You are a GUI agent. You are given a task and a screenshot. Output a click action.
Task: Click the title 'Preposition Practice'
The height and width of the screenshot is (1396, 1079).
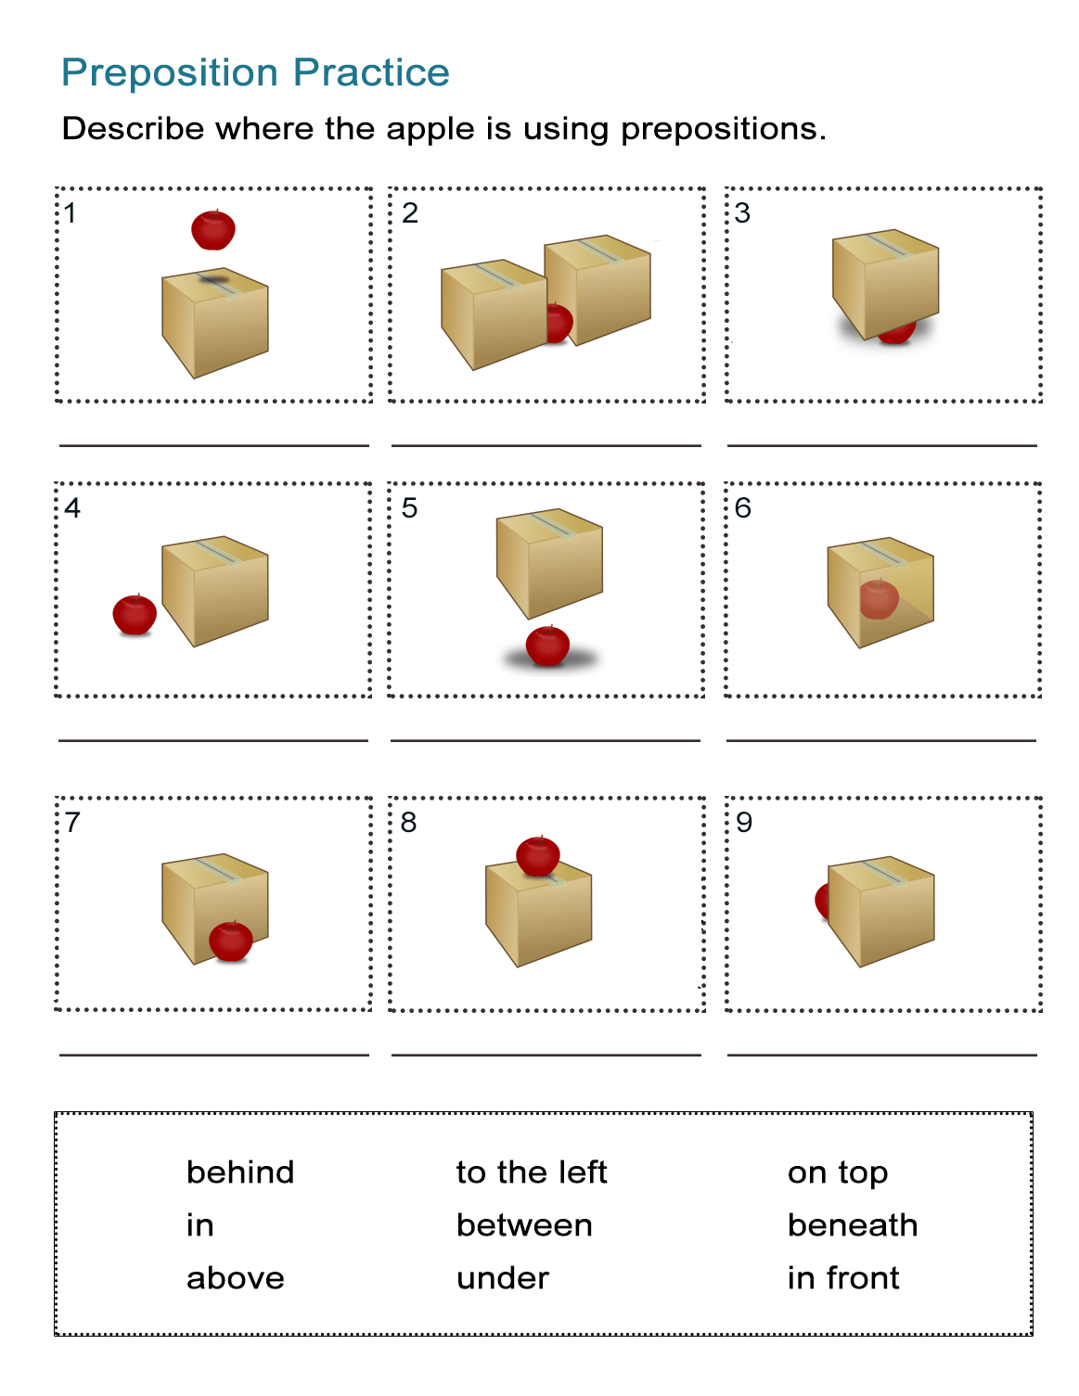click(x=255, y=72)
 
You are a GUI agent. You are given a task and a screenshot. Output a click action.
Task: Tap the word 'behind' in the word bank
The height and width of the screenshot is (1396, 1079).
click(x=240, y=1172)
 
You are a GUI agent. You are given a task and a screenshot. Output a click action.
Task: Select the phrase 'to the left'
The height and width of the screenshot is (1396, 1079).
click(x=531, y=1172)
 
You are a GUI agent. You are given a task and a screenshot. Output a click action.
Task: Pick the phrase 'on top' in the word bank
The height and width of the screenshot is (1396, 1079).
click(x=837, y=1173)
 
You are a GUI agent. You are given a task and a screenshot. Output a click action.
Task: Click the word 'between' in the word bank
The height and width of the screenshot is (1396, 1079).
click(x=524, y=1225)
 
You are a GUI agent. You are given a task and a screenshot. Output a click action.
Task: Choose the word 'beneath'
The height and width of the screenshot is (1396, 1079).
click(x=852, y=1225)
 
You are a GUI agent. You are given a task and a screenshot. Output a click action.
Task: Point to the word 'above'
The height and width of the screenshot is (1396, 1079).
click(x=236, y=1278)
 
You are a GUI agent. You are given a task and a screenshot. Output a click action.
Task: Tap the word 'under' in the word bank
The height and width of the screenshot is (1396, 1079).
click(x=503, y=1278)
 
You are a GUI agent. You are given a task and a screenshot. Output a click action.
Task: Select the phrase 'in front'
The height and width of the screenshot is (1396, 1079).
click(x=842, y=1278)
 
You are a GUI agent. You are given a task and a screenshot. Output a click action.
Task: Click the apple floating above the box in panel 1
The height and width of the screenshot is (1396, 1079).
click(x=213, y=230)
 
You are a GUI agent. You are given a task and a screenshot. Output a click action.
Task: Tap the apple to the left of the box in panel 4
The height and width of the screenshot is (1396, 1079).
click(x=135, y=614)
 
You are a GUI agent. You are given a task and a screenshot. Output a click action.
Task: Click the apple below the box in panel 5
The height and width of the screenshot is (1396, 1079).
click(x=547, y=646)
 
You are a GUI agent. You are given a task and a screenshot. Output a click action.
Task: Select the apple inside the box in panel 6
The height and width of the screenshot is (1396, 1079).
click(x=879, y=599)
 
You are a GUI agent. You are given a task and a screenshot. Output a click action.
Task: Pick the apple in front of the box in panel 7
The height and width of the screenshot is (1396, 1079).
click(x=231, y=941)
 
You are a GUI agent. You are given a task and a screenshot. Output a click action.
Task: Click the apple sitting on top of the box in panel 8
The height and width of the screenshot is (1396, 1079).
click(x=538, y=855)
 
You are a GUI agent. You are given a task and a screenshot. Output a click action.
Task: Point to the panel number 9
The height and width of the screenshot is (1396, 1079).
click(x=744, y=823)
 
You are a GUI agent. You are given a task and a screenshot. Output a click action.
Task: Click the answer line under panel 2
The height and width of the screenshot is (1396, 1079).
click(x=546, y=445)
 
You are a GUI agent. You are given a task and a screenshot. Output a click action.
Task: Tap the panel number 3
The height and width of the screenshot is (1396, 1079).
click(x=742, y=213)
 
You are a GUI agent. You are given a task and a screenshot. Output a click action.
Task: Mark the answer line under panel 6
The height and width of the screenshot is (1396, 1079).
click(x=880, y=740)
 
